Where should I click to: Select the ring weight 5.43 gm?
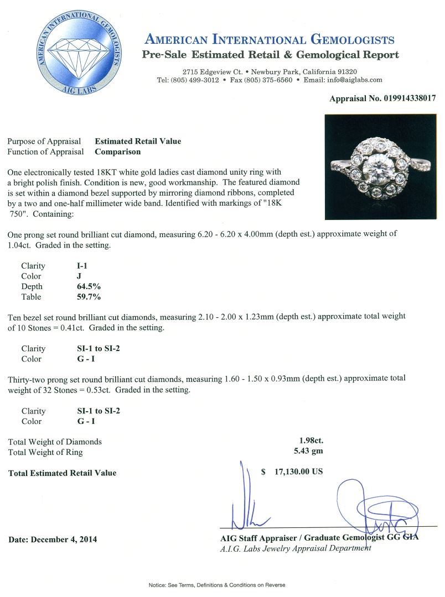pyautogui.click(x=310, y=452)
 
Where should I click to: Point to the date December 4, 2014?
pyautogui.click(x=53, y=539)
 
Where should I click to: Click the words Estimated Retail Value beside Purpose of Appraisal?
pyautogui.click(x=138, y=142)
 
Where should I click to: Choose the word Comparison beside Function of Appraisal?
pyautogui.click(x=117, y=151)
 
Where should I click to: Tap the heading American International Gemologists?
pyautogui.click(x=270, y=39)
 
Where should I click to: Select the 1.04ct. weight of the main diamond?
pyautogui.click(x=20, y=244)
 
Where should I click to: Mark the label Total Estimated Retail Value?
pyautogui.click(x=63, y=473)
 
